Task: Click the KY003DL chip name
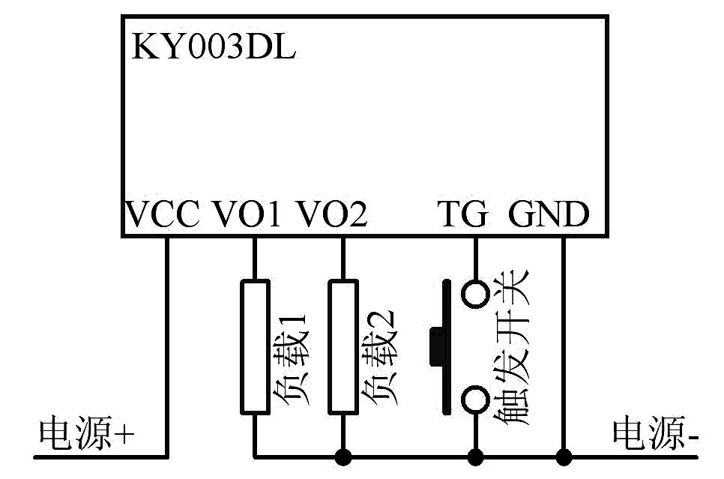(x=214, y=46)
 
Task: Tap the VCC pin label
(x=163, y=214)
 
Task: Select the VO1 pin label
(x=246, y=214)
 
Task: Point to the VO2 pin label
(x=331, y=214)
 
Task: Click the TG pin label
(x=462, y=214)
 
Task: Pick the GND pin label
(x=549, y=214)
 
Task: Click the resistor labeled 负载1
(x=255, y=346)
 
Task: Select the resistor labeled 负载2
(x=343, y=346)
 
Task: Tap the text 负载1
(x=290, y=359)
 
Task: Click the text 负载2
(x=378, y=358)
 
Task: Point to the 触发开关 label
(x=511, y=347)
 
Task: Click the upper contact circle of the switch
(x=475, y=295)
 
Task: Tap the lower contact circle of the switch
(x=475, y=400)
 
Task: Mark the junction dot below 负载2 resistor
(x=343, y=457)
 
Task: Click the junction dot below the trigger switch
(x=476, y=457)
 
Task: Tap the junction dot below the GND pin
(x=564, y=457)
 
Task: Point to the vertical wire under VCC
(x=167, y=347)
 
